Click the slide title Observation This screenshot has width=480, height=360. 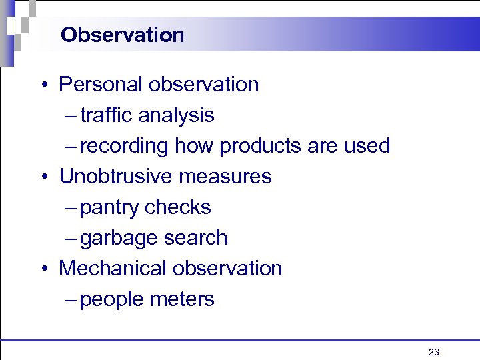coord(122,35)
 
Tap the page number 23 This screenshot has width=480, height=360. coord(434,352)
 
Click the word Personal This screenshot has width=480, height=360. coord(101,85)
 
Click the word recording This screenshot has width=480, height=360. coord(125,146)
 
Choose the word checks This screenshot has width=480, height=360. coord(178,207)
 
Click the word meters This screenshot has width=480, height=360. coord(183,299)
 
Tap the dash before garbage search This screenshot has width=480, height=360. coord(72,239)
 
